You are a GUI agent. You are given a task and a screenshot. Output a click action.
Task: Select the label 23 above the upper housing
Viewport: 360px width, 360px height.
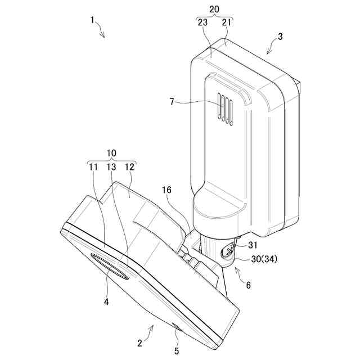[202, 22]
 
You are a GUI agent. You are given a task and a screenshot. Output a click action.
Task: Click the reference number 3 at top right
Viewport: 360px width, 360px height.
[280, 37]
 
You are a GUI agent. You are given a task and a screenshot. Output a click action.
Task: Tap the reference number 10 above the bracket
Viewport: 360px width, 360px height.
[111, 153]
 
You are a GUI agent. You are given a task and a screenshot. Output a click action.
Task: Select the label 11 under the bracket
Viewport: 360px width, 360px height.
[93, 166]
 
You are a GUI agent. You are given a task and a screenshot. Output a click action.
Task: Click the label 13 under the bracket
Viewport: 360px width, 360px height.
[111, 166]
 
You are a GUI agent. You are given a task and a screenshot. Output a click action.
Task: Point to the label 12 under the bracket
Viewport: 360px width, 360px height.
[130, 166]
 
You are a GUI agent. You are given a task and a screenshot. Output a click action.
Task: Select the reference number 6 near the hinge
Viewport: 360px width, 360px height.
[248, 285]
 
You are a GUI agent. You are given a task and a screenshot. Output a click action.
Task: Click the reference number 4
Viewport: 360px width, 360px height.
[106, 301]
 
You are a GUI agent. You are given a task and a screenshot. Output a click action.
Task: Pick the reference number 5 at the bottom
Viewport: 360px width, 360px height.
[176, 350]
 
